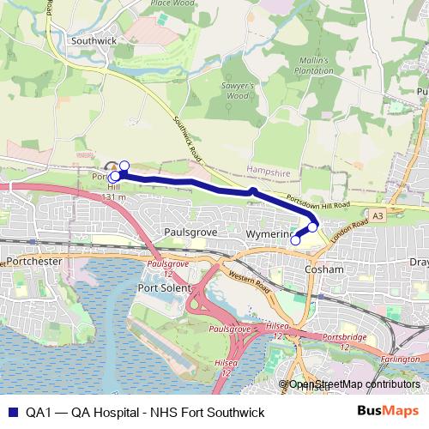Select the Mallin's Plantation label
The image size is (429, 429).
point(316,67)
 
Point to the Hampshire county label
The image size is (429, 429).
point(269,172)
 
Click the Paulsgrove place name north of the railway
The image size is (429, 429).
point(188,233)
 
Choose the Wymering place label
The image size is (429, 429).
point(269,233)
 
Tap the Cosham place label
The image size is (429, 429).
point(325,269)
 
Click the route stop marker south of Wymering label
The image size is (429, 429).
point(296,240)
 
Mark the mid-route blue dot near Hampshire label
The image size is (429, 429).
point(254,190)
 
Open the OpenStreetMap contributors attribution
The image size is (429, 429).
point(354,384)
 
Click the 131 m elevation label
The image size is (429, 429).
point(113,197)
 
